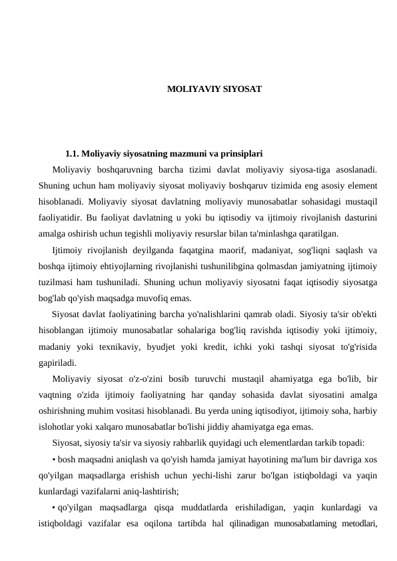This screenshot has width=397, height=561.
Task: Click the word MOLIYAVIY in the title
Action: click(x=189, y=88)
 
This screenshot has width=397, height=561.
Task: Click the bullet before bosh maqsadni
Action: click(x=53, y=461)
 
